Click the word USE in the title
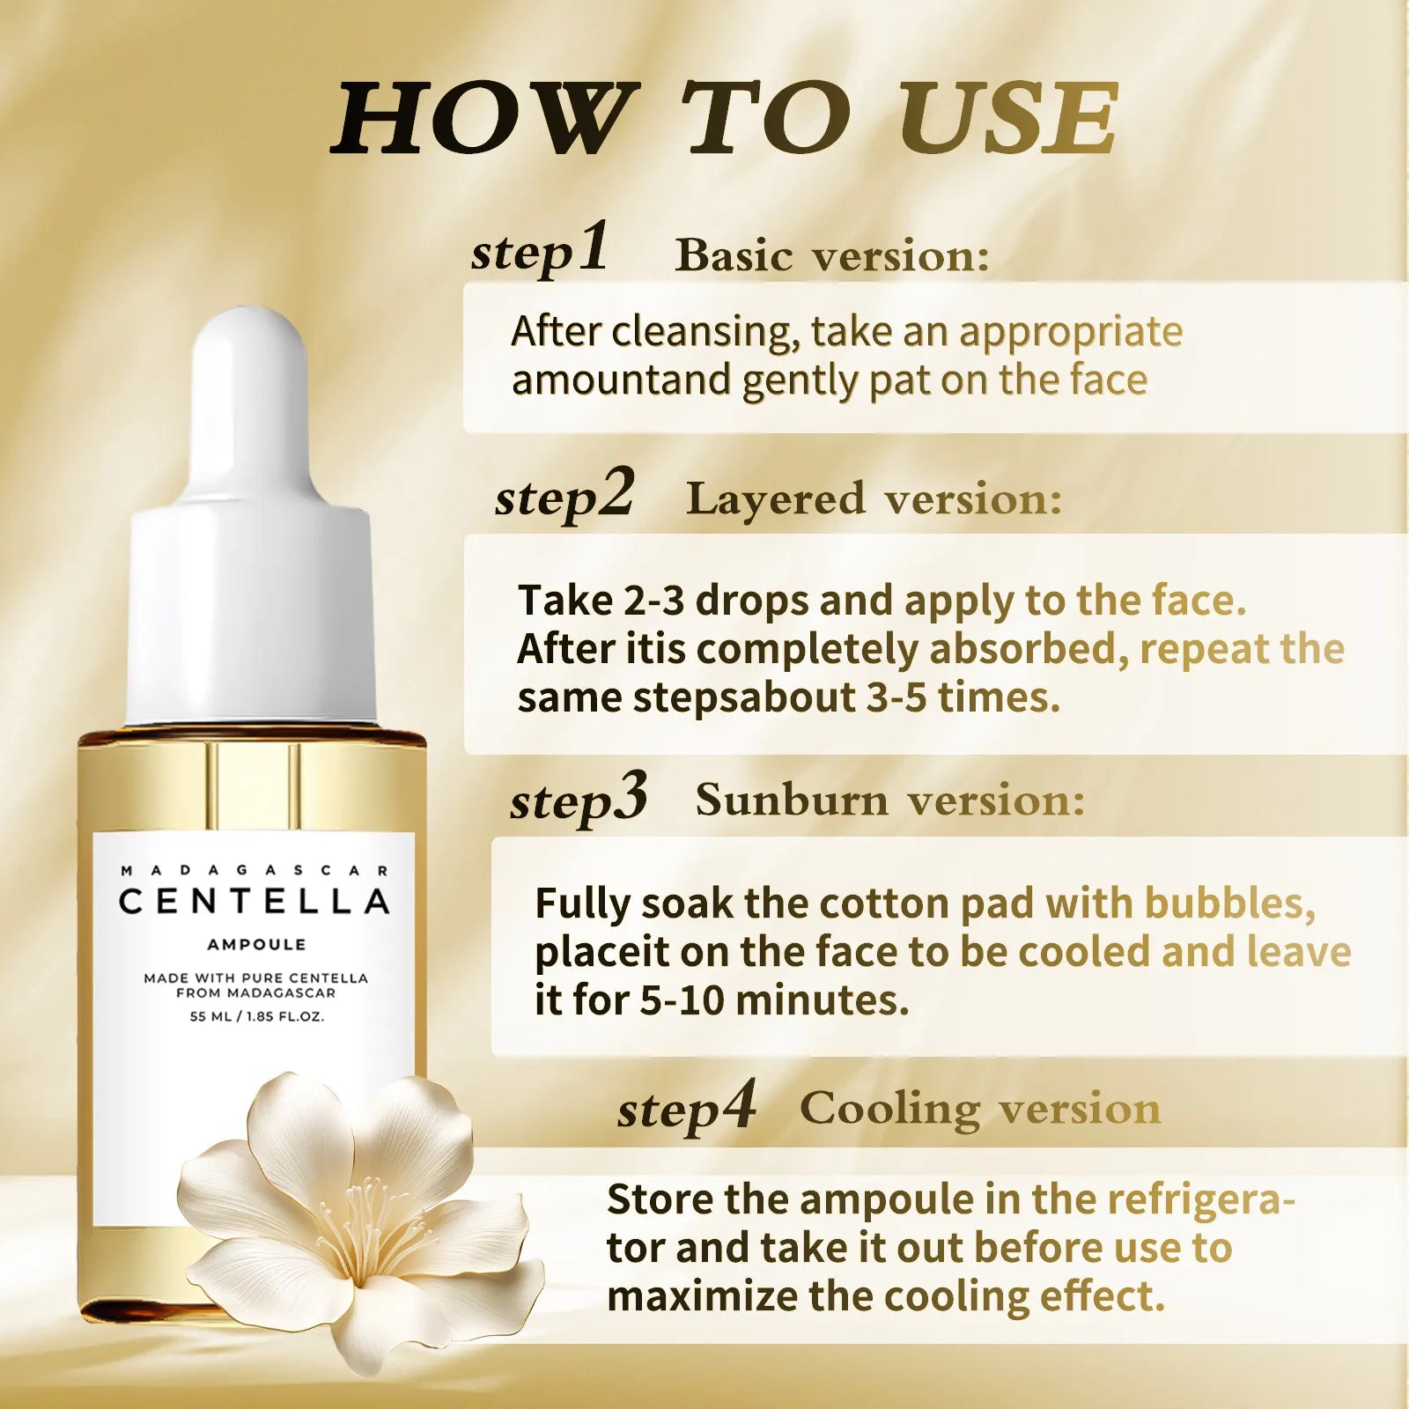(x=1008, y=119)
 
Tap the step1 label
(x=539, y=250)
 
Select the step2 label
(x=564, y=496)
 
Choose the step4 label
(x=686, y=1108)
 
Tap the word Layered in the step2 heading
(x=776, y=498)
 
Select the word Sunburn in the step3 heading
(x=792, y=800)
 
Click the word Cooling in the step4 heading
(x=889, y=1109)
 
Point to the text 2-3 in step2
(x=653, y=601)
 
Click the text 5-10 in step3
(x=682, y=1000)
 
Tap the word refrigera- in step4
(x=1200, y=1199)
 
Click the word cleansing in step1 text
(x=705, y=332)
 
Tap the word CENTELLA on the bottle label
(x=255, y=902)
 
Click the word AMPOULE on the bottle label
(x=256, y=945)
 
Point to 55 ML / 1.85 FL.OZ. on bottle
(x=256, y=1016)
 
